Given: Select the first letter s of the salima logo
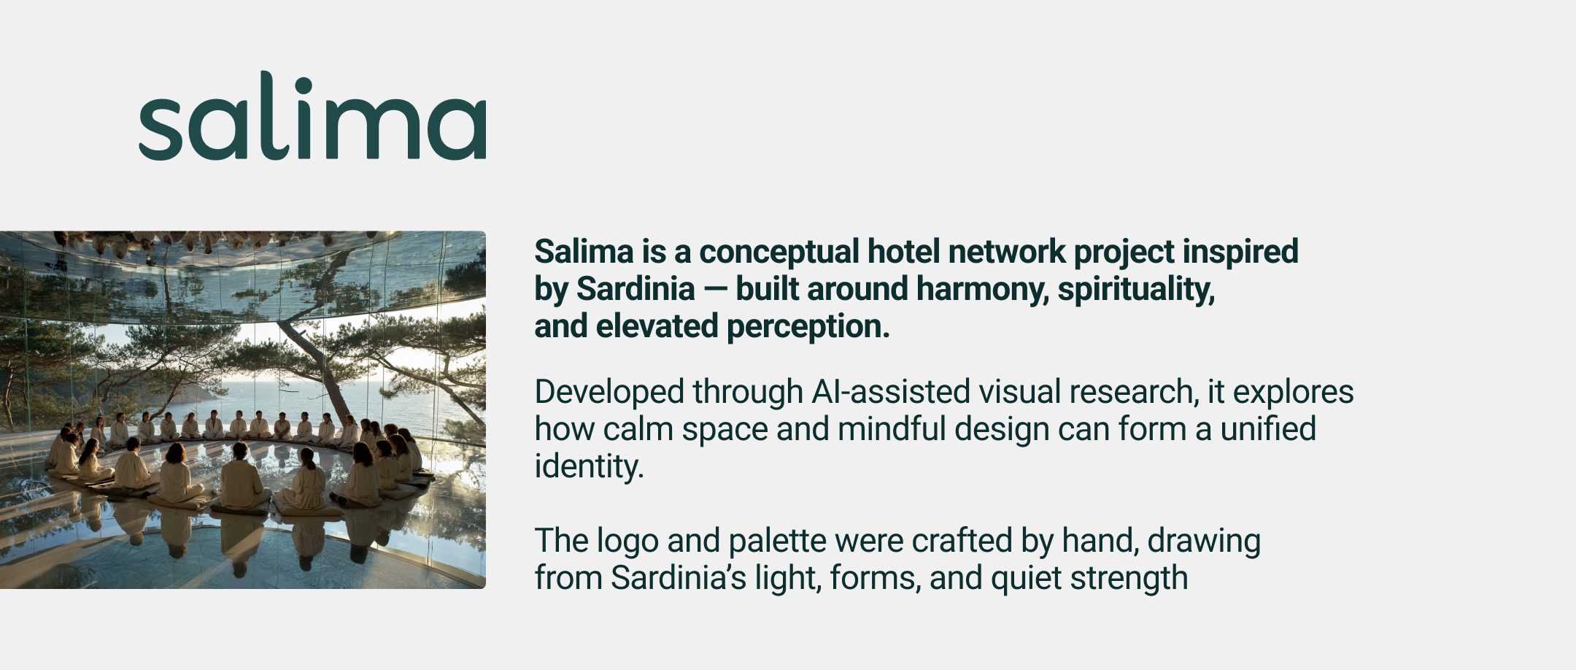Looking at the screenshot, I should click(160, 125).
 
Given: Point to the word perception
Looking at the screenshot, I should click(808, 327).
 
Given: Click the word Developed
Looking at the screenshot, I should click(609, 393).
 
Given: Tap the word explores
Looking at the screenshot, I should click(1293, 393).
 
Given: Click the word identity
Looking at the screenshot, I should click(588, 467).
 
